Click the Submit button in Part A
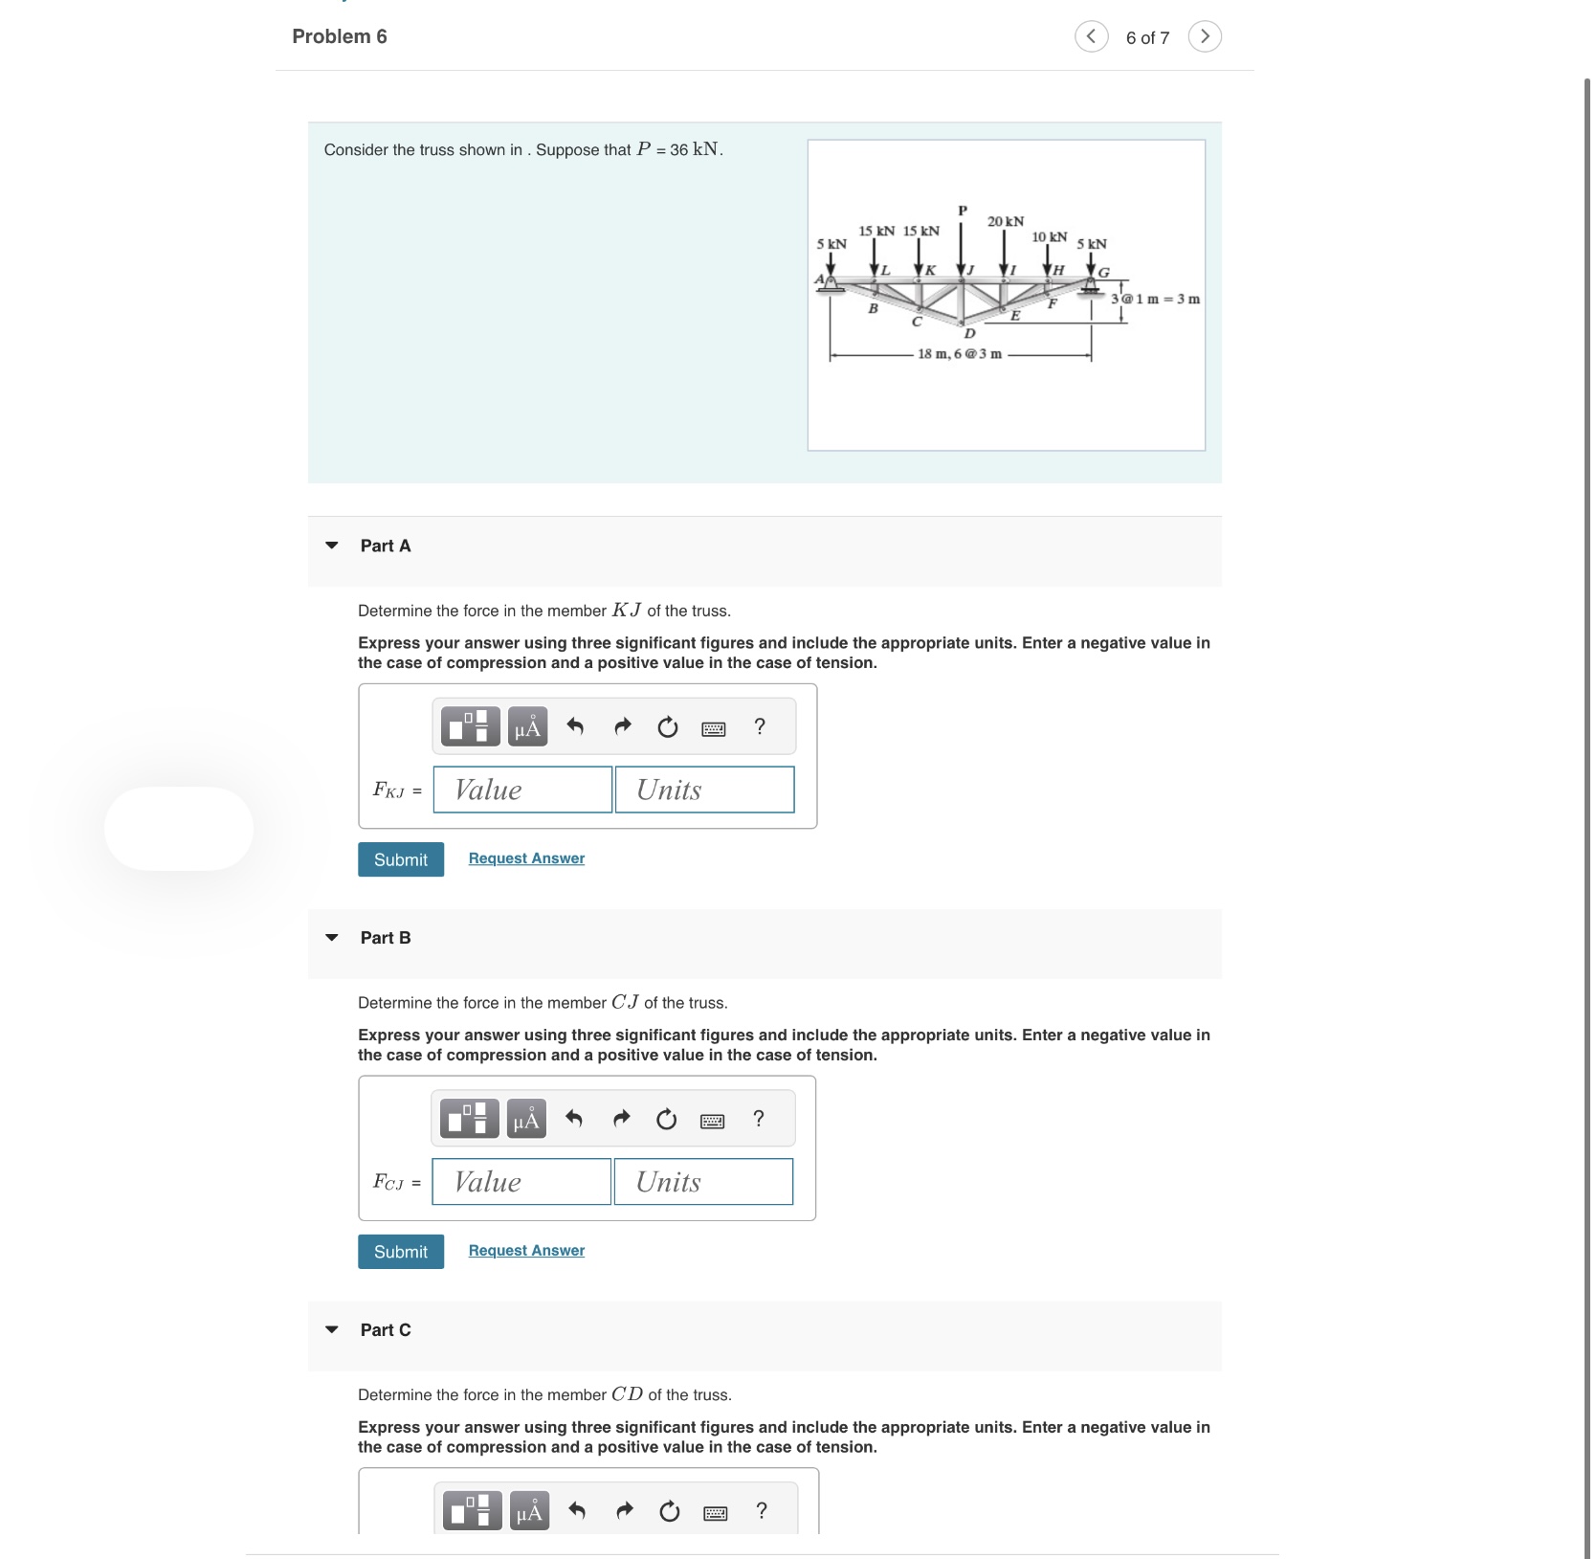pyautogui.click(x=400, y=859)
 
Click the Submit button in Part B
pyautogui.click(x=400, y=1252)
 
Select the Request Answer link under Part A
pyautogui.click(x=526, y=858)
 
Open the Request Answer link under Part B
pyautogui.click(x=526, y=1251)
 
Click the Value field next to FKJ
pyautogui.click(x=522, y=790)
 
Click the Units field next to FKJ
pyautogui.click(x=704, y=790)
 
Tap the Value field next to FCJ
pyautogui.click(x=521, y=1182)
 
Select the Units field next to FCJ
pyautogui.click(x=703, y=1182)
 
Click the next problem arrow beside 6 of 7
pyautogui.click(x=1205, y=36)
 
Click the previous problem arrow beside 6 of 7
pyautogui.click(x=1091, y=36)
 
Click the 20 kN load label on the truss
pyautogui.click(x=1006, y=221)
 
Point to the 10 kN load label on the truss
pyautogui.click(x=1049, y=236)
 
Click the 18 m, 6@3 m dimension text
pyautogui.click(x=960, y=354)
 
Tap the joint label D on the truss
pyautogui.click(x=969, y=334)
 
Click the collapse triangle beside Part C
pyautogui.click(x=332, y=1329)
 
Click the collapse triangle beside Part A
pyautogui.click(x=332, y=546)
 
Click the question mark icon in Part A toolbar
pyautogui.click(x=760, y=726)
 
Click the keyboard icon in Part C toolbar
pyautogui.click(x=715, y=1513)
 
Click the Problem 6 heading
pyautogui.click(x=340, y=36)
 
